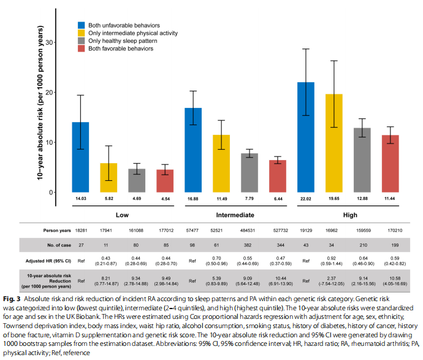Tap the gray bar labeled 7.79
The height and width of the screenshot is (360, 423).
[x=250, y=172]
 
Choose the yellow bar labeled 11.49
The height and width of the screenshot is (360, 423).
[x=221, y=163]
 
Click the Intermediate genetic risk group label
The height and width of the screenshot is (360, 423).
[x=235, y=215]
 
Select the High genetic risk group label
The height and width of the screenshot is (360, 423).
[x=348, y=215]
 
